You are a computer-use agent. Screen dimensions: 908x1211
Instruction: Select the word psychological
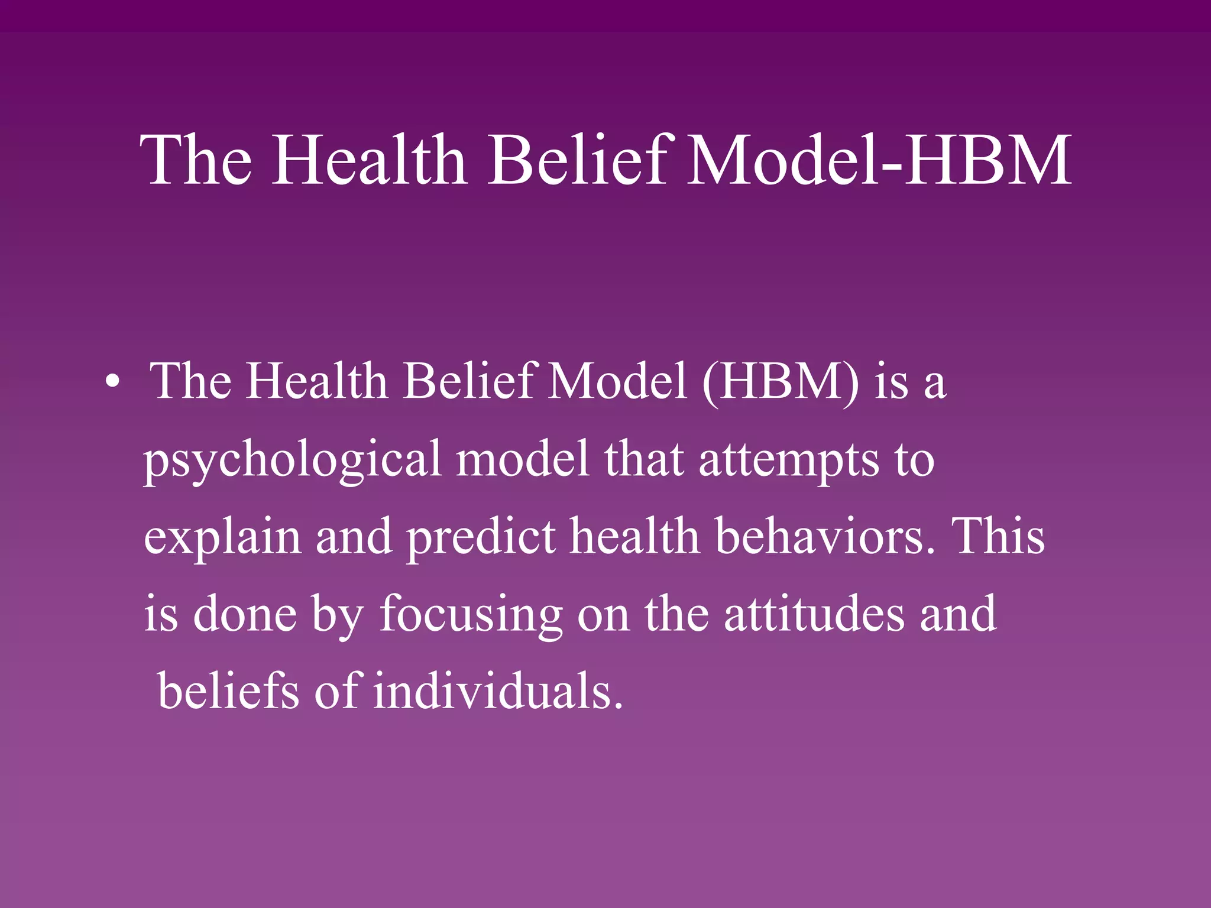coord(292,460)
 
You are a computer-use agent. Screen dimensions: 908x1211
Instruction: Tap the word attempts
coord(789,460)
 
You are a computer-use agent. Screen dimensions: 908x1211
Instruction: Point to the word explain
coord(222,537)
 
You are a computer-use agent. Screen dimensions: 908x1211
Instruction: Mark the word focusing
coord(471,615)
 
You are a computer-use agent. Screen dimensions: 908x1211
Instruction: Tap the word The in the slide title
coord(197,160)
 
